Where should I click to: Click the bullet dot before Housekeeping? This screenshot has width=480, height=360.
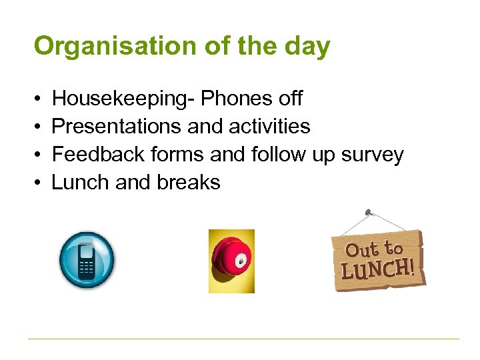click(x=37, y=99)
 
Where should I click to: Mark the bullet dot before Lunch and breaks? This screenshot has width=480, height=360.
click(x=37, y=183)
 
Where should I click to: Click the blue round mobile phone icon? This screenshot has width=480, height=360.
click(x=87, y=261)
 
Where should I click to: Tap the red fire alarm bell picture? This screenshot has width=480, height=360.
click(x=231, y=261)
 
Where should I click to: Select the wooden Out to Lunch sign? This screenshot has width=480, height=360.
click(x=378, y=260)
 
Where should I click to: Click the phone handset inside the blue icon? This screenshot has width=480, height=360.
click(x=87, y=261)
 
